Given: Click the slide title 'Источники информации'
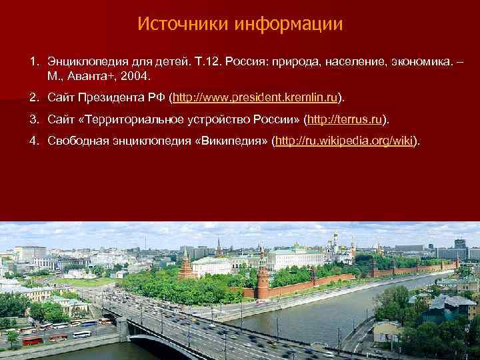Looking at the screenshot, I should [240, 25].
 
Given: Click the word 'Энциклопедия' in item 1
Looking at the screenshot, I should [79, 62].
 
